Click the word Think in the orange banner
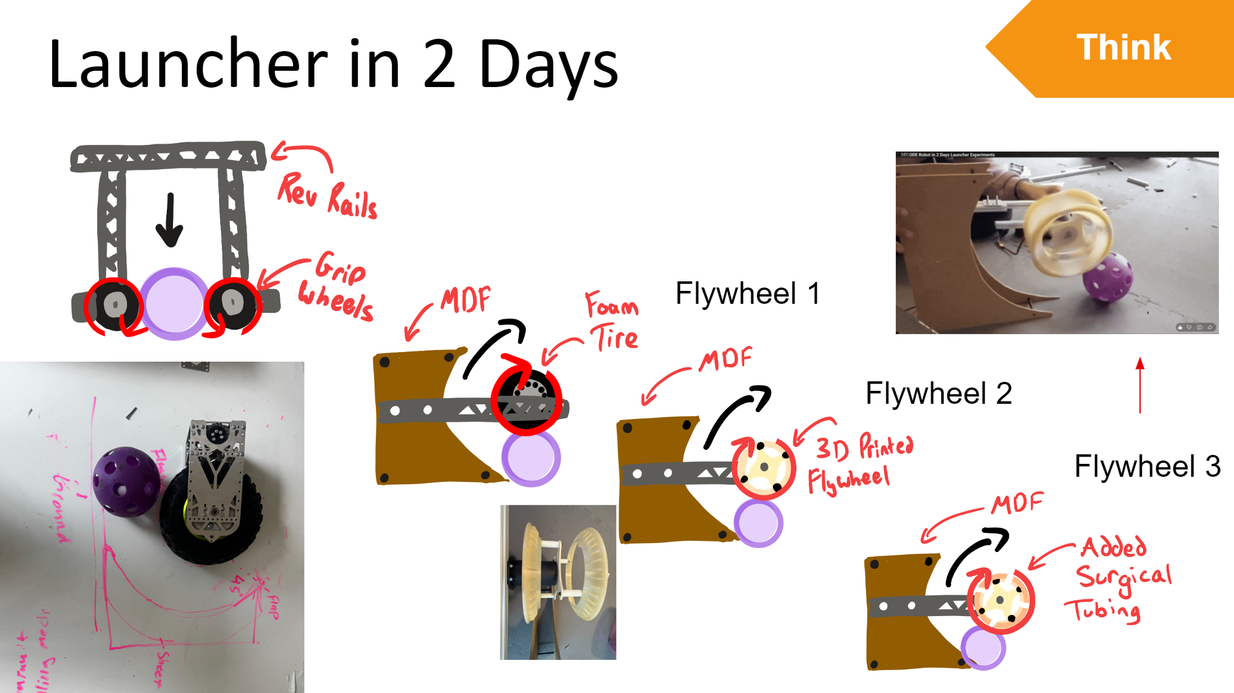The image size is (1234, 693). [1123, 47]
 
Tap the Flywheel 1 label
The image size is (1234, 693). [748, 293]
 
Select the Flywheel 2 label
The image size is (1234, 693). [939, 393]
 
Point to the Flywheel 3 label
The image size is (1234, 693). [1147, 466]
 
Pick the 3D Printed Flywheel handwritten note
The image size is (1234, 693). [859, 463]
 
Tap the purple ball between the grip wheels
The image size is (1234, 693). [174, 304]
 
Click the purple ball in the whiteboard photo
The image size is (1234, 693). [126, 481]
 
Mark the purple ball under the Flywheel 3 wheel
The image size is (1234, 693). [983, 648]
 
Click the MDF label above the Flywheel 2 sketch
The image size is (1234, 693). [725, 359]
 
